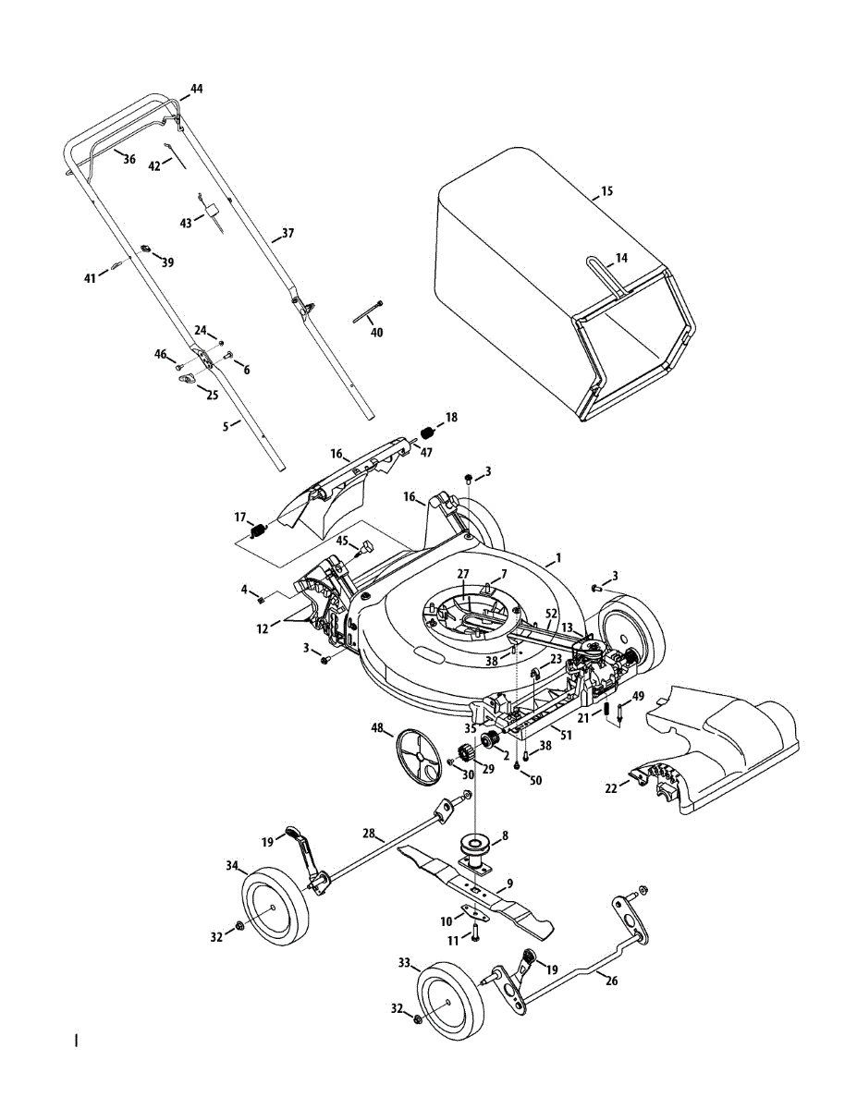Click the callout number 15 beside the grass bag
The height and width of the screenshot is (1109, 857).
(x=606, y=191)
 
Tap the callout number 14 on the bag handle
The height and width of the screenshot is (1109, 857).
(x=621, y=258)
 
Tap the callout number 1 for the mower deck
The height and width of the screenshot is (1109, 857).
(x=557, y=559)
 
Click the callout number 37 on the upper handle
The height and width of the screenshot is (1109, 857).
(x=288, y=233)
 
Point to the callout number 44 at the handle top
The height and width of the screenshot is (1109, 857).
(x=196, y=89)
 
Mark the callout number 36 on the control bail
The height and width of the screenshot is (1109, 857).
(x=129, y=159)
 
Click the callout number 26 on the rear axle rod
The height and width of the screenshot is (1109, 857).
(x=611, y=981)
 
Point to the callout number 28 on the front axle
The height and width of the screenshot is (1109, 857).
(x=370, y=834)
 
